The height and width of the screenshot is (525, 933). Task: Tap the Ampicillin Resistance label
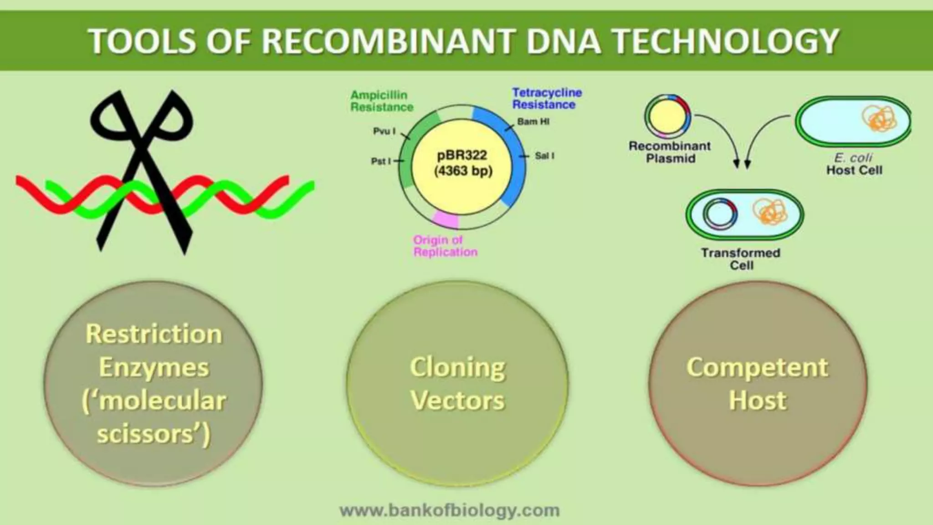(x=381, y=101)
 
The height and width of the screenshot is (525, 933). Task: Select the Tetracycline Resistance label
(x=547, y=98)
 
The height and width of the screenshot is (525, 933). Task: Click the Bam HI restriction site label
(x=533, y=122)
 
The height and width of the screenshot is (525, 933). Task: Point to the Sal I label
(x=544, y=156)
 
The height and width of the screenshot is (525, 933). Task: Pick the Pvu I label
(x=384, y=131)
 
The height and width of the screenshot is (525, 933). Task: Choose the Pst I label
(x=381, y=161)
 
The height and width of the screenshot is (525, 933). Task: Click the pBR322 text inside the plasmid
(x=462, y=155)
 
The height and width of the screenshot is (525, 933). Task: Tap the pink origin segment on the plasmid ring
(x=445, y=220)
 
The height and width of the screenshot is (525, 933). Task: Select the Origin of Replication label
(x=445, y=246)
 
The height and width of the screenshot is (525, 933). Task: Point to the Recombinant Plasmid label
(x=670, y=152)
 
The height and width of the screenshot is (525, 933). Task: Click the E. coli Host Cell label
(x=854, y=164)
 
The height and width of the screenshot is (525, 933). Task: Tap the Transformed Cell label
(x=741, y=259)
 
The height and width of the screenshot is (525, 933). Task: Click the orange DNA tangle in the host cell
(x=879, y=120)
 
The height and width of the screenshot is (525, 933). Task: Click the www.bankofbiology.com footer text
(x=450, y=510)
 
